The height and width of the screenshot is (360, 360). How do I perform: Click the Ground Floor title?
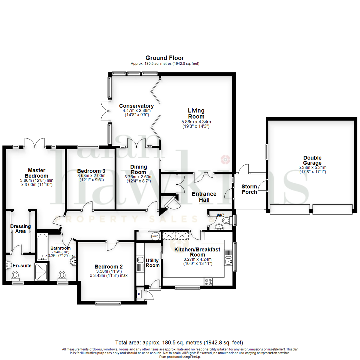click(x=165, y=58)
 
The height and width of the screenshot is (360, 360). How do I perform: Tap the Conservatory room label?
click(x=136, y=106)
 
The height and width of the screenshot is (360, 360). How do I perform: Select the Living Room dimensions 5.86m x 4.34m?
click(x=196, y=122)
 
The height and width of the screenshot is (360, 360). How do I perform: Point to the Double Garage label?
click(x=312, y=160)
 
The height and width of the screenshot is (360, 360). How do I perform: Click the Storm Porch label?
click(x=249, y=189)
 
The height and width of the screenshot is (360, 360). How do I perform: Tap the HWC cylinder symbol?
click(x=155, y=236)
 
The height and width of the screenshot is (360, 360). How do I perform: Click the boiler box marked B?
click(x=139, y=294)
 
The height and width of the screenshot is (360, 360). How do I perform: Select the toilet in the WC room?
click(x=226, y=221)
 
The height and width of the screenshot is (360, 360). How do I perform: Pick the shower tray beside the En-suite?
click(x=42, y=272)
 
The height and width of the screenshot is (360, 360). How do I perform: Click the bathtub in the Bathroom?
click(x=42, y=247)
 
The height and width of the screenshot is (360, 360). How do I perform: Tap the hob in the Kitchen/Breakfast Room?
click(x=208, y=282)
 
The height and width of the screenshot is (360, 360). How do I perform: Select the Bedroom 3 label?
click(x=91, y=171)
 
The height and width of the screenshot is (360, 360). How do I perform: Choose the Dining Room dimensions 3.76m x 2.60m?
click(x=138, y=177)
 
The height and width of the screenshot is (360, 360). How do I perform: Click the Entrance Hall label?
click(x=204, y=197)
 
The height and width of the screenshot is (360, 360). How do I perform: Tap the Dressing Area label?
click(x=20, y=229)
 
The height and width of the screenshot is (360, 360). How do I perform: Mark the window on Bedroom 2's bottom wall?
click(x=108, y=303)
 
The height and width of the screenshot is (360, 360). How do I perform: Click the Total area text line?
click(x=179, y=343)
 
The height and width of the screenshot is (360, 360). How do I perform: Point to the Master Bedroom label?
click(x=37, y=173)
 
